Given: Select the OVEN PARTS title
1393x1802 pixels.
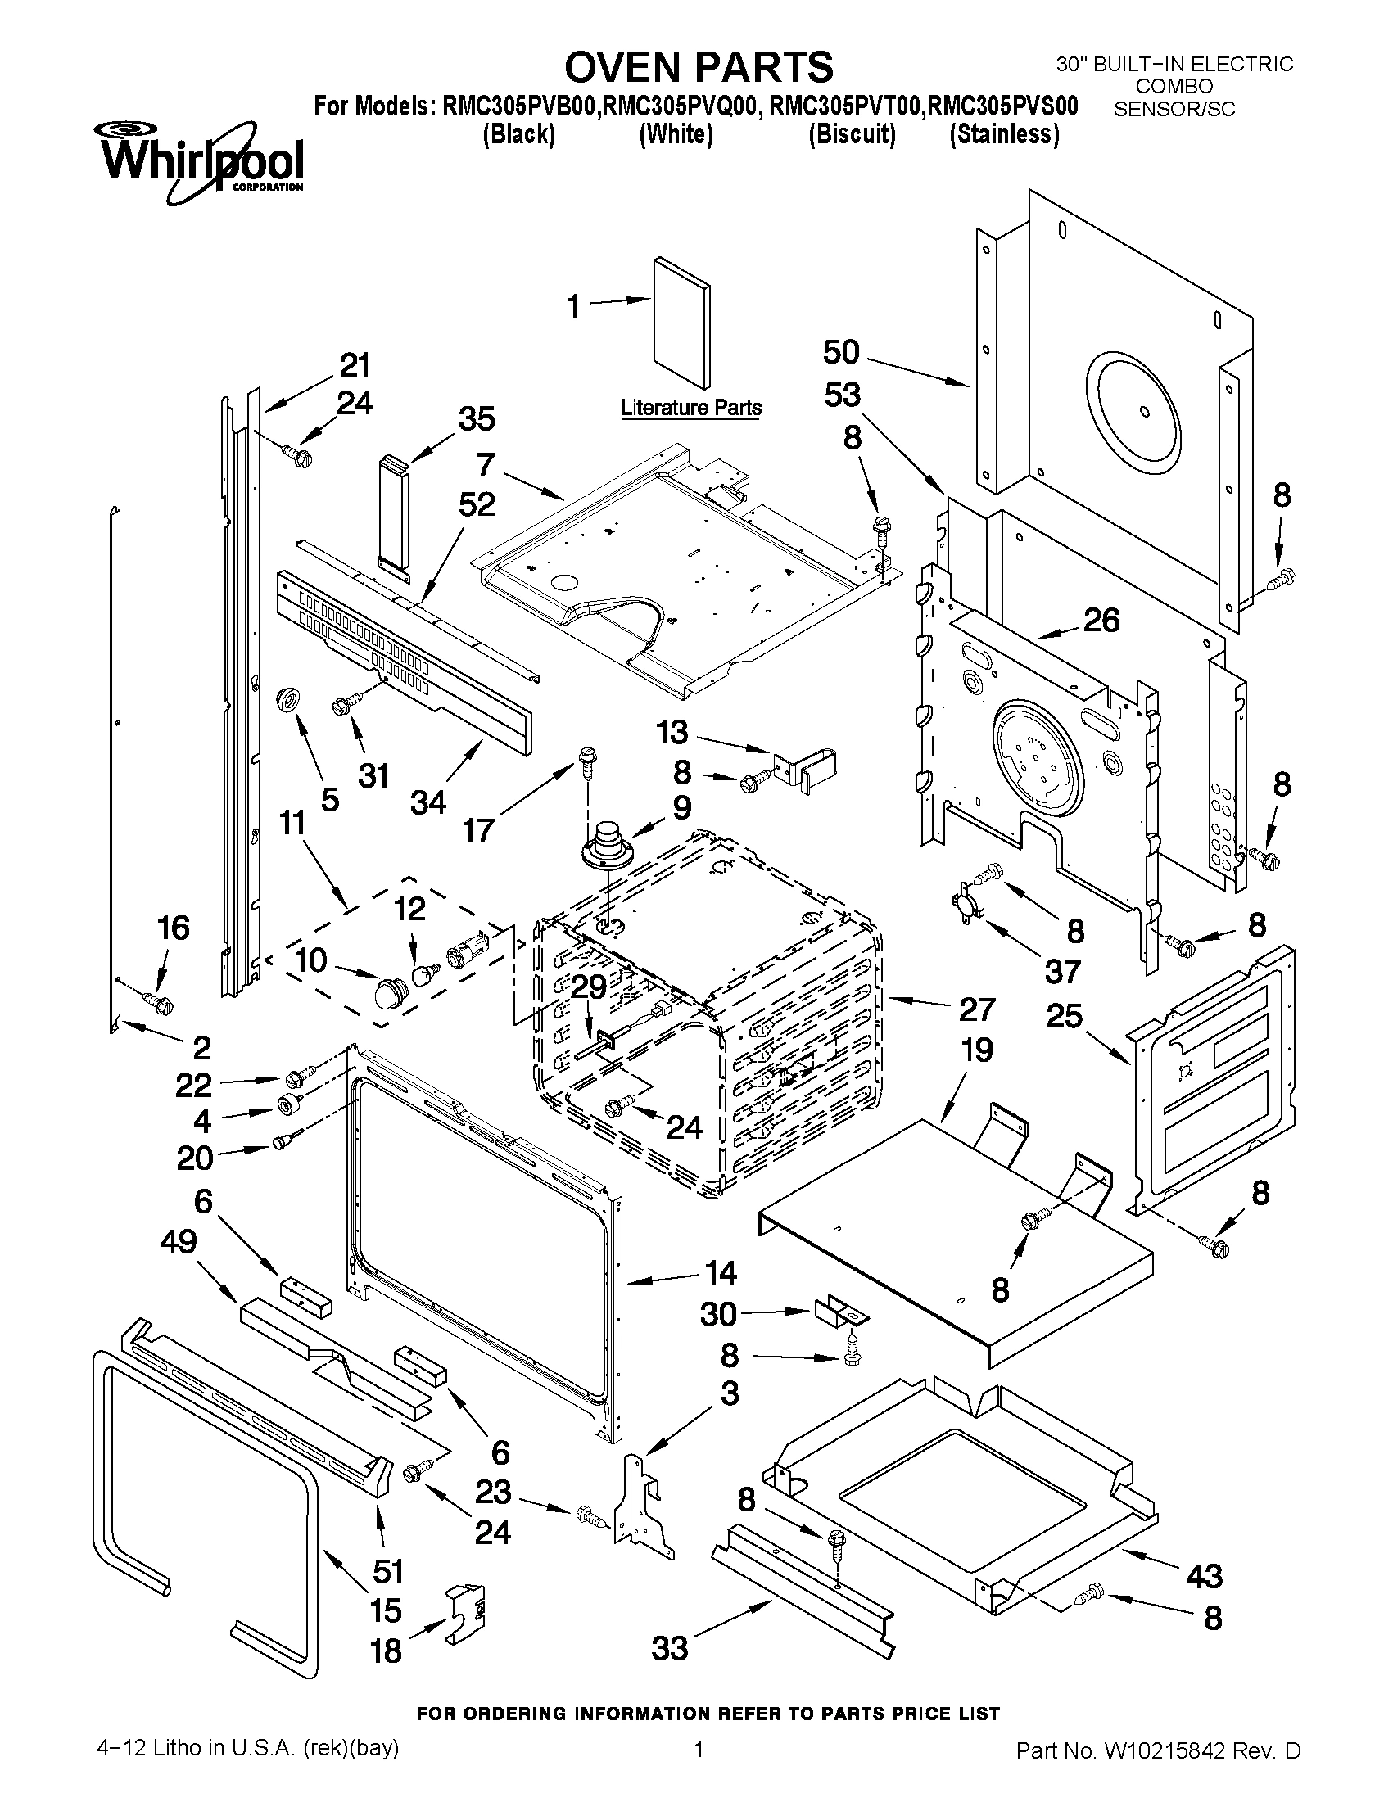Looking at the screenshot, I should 699,66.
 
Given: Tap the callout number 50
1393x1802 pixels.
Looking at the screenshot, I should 841,352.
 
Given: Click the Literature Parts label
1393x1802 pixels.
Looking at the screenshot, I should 690,408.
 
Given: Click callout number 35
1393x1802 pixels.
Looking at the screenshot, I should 476,419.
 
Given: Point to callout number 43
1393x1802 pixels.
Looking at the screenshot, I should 1204,1577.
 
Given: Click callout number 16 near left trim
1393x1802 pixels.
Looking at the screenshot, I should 174,928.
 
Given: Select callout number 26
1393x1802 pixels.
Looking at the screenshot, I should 1101,620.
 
